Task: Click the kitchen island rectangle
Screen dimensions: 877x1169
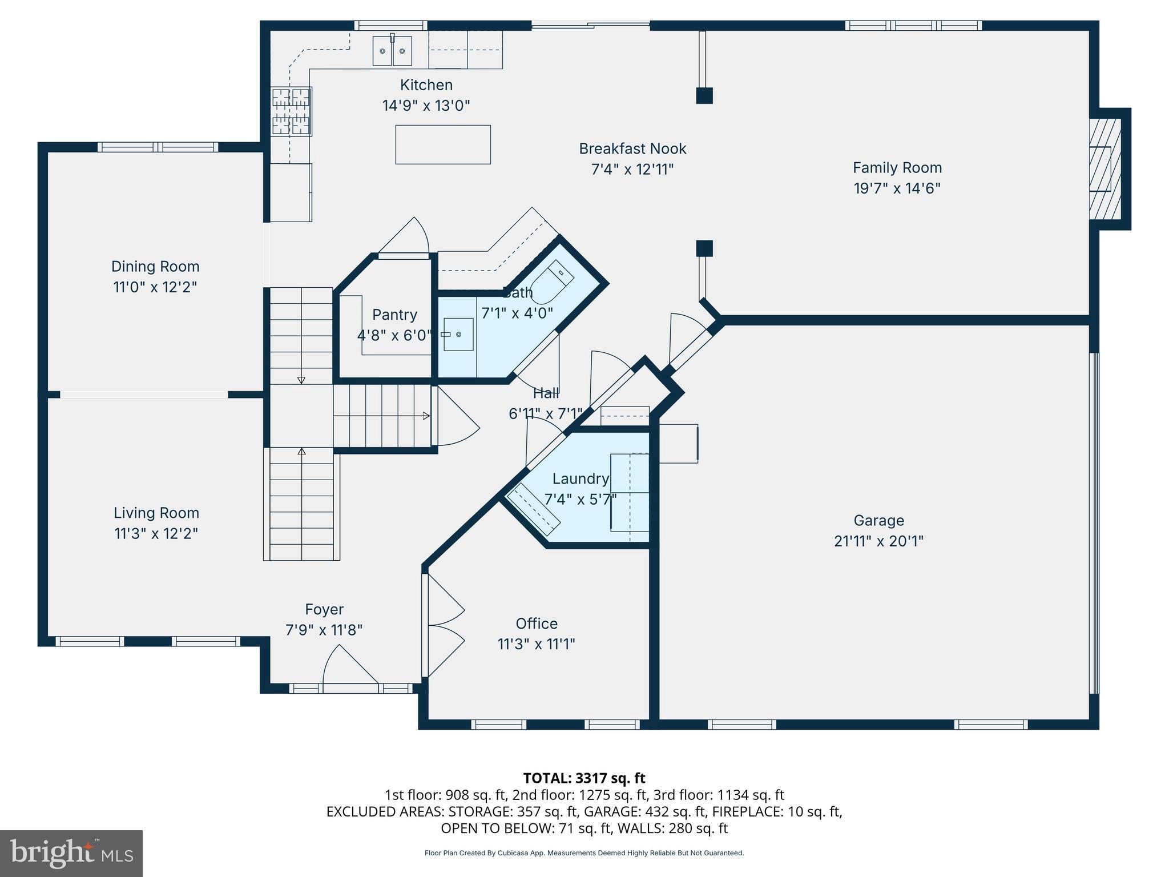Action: pos(443,144)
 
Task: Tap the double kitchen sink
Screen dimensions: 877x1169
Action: pos(392,51)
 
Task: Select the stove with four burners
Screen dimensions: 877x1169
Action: pos(291,111)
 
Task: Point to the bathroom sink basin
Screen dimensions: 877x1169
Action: pos(458,334)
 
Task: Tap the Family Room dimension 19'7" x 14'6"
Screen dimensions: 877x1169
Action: pos(897,188)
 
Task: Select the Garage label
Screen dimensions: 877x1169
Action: pos(878,520)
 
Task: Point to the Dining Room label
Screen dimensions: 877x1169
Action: pos(155,266)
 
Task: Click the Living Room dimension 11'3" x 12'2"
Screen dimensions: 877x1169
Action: pos(156,534)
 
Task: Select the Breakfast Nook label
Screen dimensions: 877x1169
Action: pos(632,148)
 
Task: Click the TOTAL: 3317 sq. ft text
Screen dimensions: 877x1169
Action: pos(584,778)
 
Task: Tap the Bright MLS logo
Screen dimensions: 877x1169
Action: pos(71,853)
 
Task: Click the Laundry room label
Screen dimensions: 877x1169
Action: pos(581,478)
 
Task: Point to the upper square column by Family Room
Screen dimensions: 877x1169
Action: pos(704,95)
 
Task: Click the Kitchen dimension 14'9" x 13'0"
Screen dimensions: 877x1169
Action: pos(426,106)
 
